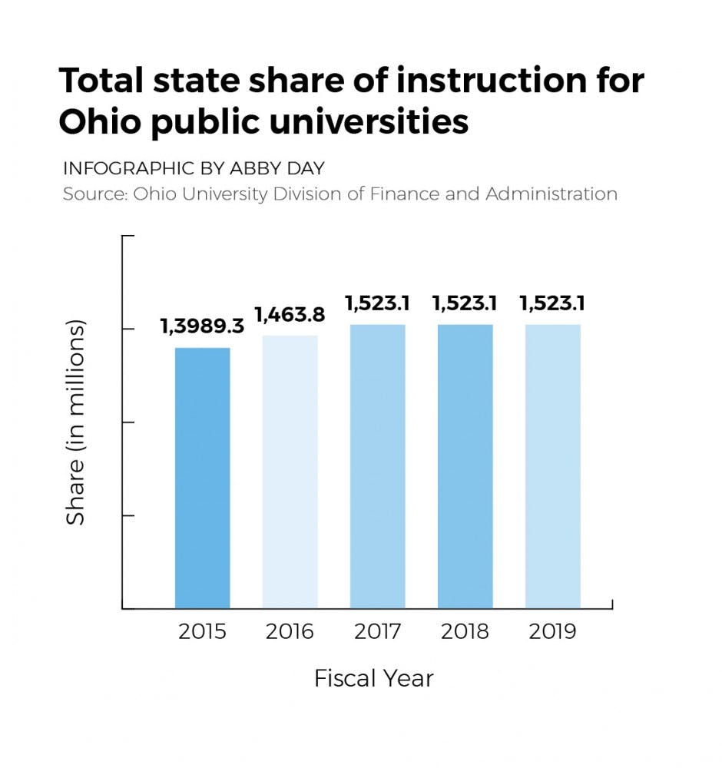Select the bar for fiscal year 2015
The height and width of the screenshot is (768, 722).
click(x=202, y=478)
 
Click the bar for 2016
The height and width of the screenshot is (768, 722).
click(x=290, y=472)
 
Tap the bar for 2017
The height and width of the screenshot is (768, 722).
click(x=377, y=466)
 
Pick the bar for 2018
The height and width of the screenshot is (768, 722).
click(x=465, y=466)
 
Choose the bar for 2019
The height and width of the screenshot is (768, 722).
click(x=553, y=466)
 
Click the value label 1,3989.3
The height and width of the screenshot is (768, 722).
click(x=202, y=326)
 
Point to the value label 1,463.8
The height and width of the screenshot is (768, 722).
click(x=290, y=314)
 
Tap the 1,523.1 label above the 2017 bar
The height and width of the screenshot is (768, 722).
click(x=377, y=303)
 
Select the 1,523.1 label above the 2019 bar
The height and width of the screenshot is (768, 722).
click(x=553, y=303)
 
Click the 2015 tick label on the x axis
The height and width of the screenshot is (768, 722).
click(x=202, y=632)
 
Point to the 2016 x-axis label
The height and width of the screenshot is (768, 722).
click(x=290, y=632)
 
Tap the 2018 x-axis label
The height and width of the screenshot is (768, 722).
click(x=465, y=632)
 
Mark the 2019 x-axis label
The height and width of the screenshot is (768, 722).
click(x=553, y=632)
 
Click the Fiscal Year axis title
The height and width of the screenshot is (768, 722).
click(x=374, y=679)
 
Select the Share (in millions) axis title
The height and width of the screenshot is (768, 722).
click(x=75, y=422)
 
